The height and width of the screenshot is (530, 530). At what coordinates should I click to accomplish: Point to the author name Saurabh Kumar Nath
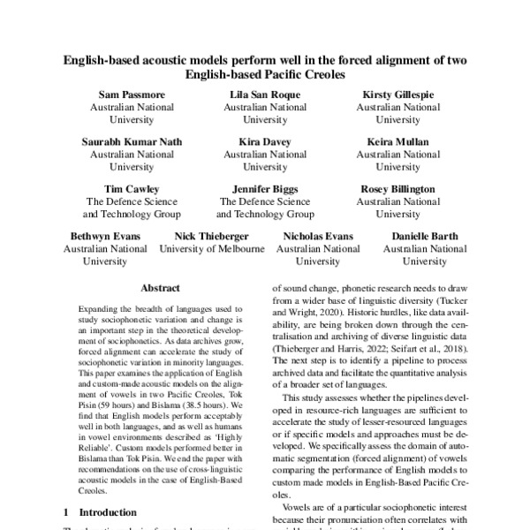(131, 140)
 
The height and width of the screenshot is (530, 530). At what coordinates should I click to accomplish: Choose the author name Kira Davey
(265, 140)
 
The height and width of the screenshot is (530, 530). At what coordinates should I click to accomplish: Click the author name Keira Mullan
(398, 140)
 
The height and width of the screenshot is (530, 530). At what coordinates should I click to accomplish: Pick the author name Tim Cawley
(131, 188)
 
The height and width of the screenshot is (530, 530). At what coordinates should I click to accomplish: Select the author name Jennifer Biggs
(265, 188)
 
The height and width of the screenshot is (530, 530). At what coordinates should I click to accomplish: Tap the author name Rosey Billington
(398, 188)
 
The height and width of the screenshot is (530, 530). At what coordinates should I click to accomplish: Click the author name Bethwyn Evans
(104, 236)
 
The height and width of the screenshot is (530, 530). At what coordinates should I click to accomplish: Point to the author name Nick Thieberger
(212, 236)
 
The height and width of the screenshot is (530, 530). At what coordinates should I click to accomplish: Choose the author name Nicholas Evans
(317, 236)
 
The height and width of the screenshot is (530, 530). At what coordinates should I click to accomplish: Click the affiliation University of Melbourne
(212, 249)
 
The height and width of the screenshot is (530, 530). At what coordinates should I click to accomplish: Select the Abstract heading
(160, 288)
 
